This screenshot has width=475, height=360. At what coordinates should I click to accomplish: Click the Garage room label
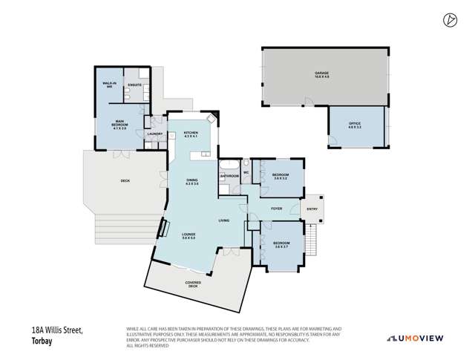point(321,74)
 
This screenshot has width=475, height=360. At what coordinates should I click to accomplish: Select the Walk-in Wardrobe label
point(108,85)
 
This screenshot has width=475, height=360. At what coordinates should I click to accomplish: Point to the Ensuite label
point(134,85)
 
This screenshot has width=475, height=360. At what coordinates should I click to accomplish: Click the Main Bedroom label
point(119,126)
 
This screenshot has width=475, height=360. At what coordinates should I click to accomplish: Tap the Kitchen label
point(191,134)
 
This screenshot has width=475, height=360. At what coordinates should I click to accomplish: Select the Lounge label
point(189,236)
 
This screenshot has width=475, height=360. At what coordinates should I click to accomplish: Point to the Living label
point(223,220)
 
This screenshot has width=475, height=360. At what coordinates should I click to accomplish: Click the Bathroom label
point(229,176)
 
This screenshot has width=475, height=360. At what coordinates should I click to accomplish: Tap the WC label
point(246,172)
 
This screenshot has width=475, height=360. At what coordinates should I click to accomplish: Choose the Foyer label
point(276,209)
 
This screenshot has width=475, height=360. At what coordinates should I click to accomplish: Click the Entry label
point(312,209)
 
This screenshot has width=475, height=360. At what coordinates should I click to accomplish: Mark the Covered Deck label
point(193,284)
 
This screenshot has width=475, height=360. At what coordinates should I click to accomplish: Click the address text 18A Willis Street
point(57,330)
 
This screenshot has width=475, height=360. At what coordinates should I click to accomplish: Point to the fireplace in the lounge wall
point(159,229)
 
